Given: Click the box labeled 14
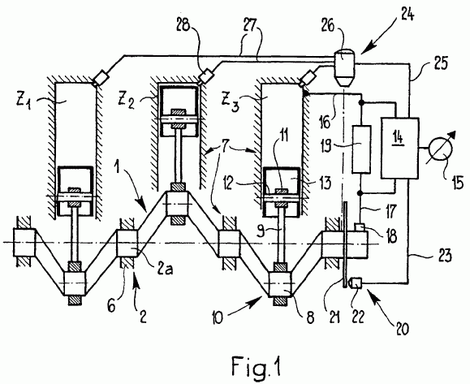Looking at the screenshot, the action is [400, 149].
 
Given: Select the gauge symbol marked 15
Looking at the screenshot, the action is [441, 149].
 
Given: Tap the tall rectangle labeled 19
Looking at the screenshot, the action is [361, 149].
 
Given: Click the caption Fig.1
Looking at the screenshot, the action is [257, 365].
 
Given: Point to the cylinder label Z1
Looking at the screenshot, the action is [24, 102].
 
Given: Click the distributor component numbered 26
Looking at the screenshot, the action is [345, 67].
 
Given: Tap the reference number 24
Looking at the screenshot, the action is [406, 14].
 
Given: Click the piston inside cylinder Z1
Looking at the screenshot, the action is [75, 190].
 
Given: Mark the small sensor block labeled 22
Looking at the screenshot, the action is [356, 283].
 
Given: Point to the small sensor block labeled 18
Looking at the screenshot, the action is [360, 227].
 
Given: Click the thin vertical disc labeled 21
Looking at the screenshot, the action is [345, 244].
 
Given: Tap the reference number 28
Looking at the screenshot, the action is [183, 26].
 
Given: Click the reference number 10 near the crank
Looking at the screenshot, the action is [217, 317].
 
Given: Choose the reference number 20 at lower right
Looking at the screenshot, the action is [402, 328].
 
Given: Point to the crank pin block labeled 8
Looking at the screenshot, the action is [280, 284].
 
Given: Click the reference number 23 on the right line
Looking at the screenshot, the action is [444, 256].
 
